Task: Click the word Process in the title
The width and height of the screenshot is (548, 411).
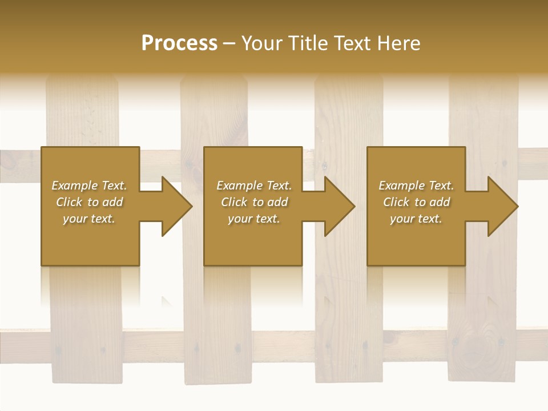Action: pyautogui.click(x=179, y=43)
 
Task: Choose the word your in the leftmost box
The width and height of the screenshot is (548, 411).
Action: pyautogui.click(x=74, y=219)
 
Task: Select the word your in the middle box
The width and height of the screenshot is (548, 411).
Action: pyautogui.click(x=239, y=219)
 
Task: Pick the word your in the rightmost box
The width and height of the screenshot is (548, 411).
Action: pyautogui.click(x=401, y=219)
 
